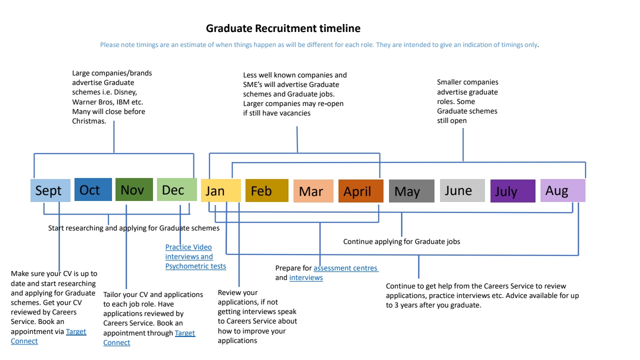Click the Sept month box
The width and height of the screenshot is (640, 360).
(x=50, y=190)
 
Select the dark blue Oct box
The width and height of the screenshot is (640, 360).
(x=93, y=189)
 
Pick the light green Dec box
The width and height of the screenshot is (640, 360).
(x=176, y=189)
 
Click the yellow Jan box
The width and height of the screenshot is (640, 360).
(x=220, y=190)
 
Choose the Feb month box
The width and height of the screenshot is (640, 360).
(x=266, y=190)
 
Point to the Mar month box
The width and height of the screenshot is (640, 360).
(x=313, y=191)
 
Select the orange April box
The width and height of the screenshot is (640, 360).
(x=360, y=191)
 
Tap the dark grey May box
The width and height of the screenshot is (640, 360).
(x=411, y=191)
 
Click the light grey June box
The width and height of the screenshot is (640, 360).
(x=462, y=190)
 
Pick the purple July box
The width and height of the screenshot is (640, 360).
(x=512, y=191)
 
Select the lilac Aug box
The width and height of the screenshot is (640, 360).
(x=562, y=190)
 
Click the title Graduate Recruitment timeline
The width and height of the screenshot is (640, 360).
(x=283, y=28)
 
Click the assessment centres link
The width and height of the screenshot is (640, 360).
(x=345, y=268)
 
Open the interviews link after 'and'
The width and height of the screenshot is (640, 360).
(x=306, y=277)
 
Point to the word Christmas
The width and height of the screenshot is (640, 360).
(x=89, y=121)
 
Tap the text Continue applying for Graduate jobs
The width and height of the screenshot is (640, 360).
(x=401, y=241)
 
